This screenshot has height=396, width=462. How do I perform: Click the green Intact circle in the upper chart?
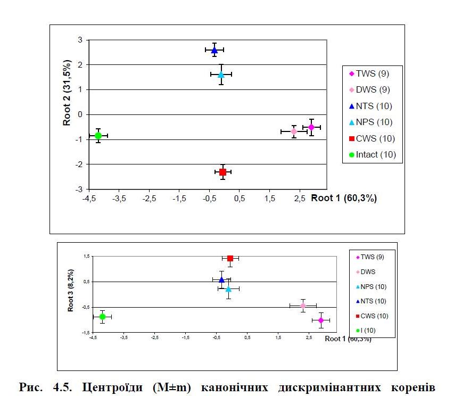point(98,136)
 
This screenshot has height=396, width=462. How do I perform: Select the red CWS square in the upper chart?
point(222,172)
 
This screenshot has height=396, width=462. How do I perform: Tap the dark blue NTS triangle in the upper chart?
point(214,50)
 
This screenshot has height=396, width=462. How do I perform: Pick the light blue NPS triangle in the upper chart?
point(221,75)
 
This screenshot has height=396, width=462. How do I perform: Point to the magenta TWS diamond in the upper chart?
point(311,127)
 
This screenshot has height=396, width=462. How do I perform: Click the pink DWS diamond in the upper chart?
point(294,131)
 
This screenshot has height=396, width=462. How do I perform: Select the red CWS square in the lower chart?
point(230,258)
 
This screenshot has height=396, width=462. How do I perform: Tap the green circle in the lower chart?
point(102,317)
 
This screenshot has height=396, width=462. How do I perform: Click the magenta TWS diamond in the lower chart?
point(321,320)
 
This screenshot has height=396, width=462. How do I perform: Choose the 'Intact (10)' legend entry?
point(373,155)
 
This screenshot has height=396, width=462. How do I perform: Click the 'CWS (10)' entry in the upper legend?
point(373,138)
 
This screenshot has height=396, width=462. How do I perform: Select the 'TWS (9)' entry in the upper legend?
point(373,73)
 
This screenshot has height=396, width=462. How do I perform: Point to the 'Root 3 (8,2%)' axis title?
point(70,290)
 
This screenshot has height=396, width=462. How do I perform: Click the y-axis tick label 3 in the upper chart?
point(79,40)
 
